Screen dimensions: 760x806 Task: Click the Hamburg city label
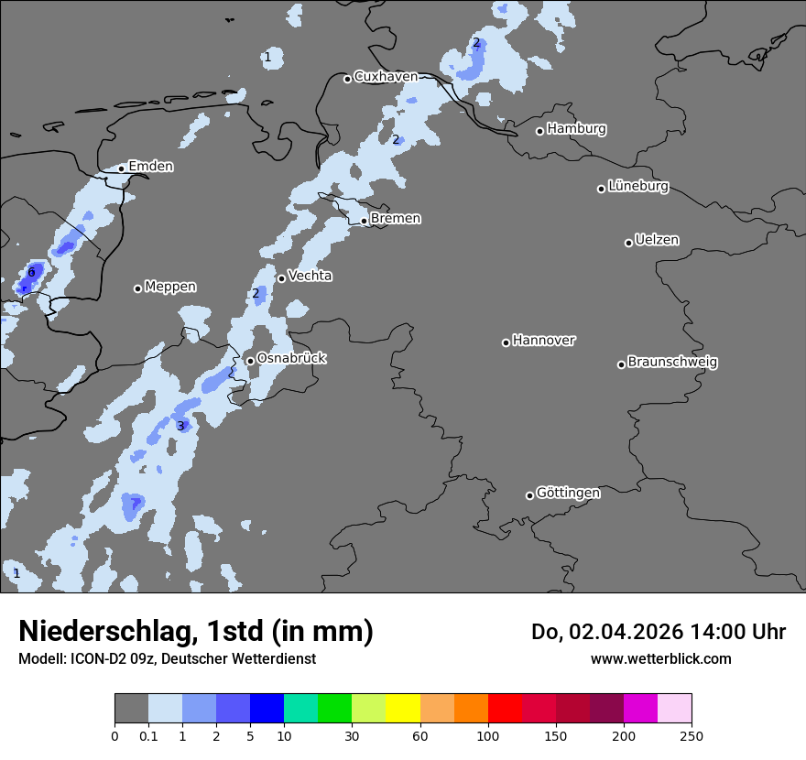click(577, 129)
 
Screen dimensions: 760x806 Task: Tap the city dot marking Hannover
click(506, 342)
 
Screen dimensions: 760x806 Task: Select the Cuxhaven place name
click(386, 77)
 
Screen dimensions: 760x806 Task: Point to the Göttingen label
click(568, 493)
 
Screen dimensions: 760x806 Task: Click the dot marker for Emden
click(121, 168)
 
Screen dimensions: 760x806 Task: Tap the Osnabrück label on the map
click(291, 358)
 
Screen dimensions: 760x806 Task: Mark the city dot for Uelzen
click(628, 243)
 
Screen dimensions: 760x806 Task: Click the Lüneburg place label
click(638, 186)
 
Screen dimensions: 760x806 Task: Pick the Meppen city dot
click(137, 288)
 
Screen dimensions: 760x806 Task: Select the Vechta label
click(310, 276)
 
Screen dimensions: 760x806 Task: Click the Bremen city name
click(396, 218)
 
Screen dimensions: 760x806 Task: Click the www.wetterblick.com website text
click(660, 658)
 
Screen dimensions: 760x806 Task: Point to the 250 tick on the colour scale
click(692, 734)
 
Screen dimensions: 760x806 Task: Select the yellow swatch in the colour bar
click(402, 709)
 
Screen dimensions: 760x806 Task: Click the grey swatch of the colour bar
click(131, 709)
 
